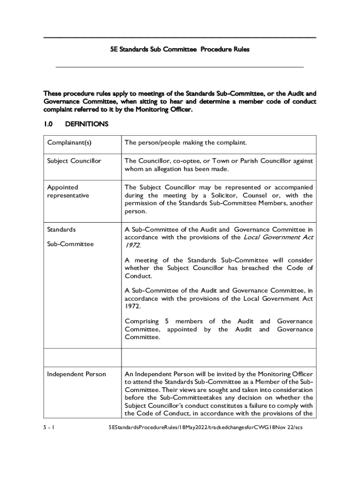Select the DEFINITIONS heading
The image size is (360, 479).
tap(87, 124)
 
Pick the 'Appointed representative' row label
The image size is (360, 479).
tap(68, 191)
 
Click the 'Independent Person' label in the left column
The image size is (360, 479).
tap(76, 374)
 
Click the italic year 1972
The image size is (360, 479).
tap(132, 245)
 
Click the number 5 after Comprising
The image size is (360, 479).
tap(167, 321)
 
